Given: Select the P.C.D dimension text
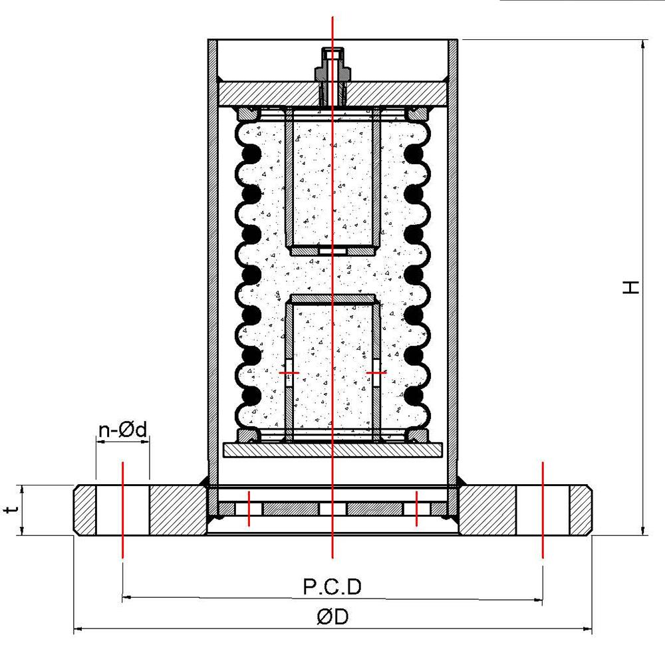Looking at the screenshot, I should [332, 587].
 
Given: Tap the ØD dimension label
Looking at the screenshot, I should [332, 617].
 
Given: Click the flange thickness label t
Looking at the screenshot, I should [10, 510].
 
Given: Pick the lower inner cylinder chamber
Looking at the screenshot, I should [332, 366].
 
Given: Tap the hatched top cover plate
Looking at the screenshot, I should [266, 93].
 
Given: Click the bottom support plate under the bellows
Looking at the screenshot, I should [332, 450].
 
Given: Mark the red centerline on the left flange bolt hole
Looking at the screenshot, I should [122, 509].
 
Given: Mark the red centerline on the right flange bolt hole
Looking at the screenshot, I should [543, 509].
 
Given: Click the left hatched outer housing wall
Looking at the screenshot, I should [213, 266].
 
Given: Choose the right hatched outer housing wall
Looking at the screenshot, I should [453, 266].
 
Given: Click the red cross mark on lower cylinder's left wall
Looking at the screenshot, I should [289, 373].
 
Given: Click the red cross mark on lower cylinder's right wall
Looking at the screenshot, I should [376, 373].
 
